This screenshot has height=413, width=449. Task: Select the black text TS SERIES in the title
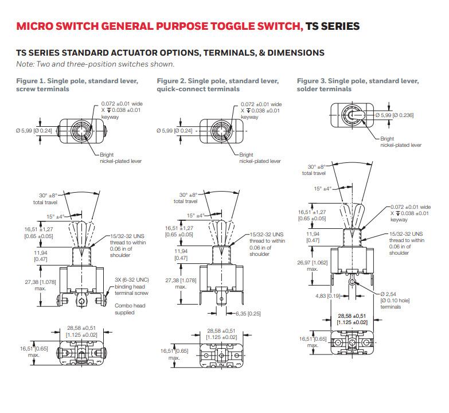click(x=333, y=26)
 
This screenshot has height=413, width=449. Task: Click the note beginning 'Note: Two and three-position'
click(x=95, y=64)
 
